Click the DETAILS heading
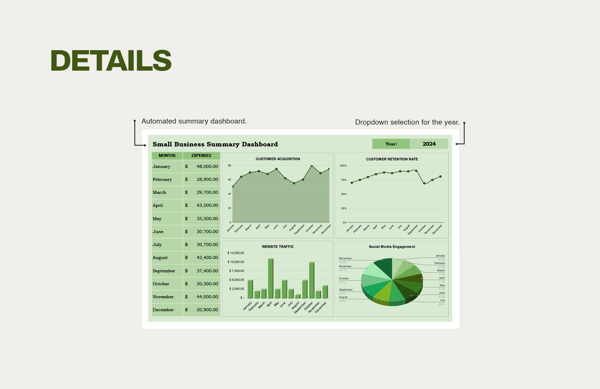111,61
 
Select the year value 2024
429,144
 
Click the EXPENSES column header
201,156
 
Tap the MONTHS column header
167,156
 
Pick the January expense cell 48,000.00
207,167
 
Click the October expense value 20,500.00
207,284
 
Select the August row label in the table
160,258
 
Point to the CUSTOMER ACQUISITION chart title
278,159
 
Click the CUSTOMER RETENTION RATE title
392,159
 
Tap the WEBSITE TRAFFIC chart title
277,247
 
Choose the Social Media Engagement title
392,247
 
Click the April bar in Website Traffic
270,278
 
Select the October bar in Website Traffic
311,280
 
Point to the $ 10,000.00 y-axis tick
236,262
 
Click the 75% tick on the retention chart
344,180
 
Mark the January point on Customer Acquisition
233,187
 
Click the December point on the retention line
440,176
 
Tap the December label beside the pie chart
345,258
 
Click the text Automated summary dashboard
194,121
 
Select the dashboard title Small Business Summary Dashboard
215,144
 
